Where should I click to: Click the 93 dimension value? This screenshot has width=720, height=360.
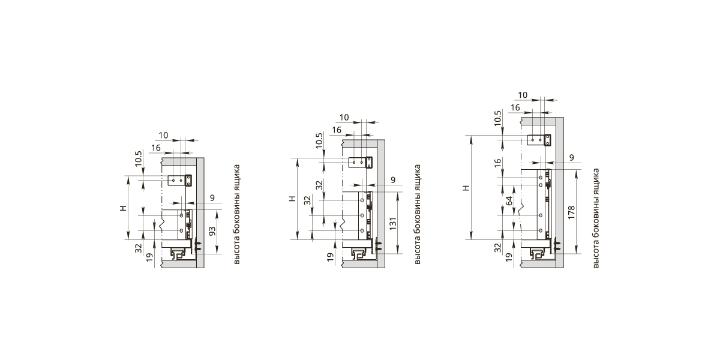click(212, 231)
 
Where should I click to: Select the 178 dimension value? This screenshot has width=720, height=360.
click(571, 213)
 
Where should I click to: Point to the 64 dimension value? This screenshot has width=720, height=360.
click(509, 201)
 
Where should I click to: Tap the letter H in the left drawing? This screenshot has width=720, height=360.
click(124, 208)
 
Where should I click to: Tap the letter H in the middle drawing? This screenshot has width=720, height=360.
click(293, 199)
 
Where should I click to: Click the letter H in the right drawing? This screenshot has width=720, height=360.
click(466, 188)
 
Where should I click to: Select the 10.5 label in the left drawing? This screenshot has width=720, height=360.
click(138, 158)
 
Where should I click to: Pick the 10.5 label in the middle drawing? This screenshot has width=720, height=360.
click(319, 140)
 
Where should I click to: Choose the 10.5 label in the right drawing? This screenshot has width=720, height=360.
click(498, 118)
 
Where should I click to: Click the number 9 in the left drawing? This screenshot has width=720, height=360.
click(212, 198)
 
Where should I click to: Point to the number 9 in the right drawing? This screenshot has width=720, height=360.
click(571, 157)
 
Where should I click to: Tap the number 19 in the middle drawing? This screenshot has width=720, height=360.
click(330, 257)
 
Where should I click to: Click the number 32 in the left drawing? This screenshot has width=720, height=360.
click(138, 248)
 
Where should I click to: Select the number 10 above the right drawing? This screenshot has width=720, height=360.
click(523, 95)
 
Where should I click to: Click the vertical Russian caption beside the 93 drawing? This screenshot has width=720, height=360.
click(236, 214)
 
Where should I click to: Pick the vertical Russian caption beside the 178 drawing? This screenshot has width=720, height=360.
click(596, 218)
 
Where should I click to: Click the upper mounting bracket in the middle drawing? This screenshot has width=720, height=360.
click(361, 163)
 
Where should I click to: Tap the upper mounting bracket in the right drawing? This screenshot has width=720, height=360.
click(539, 140)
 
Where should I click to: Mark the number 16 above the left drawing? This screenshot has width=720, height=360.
click(156, 148)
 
